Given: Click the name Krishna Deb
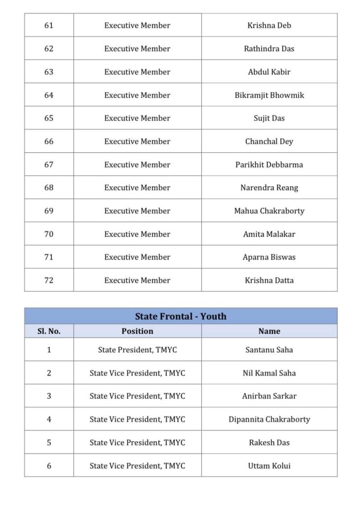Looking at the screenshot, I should (x=269, y=26).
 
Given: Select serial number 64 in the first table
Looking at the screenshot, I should (x=49, y=95).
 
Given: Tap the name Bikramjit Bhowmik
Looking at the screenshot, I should (x=269, y=95).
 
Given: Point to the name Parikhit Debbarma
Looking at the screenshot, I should (x=269, y=165).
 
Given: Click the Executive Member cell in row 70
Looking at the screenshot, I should (x=137, y=234).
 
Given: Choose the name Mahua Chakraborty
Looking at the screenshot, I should (x=269, y=211).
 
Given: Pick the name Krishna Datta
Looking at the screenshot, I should (x=269, y=280).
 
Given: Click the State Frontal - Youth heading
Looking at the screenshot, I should (x=181, y=316).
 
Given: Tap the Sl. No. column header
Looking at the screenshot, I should (x=49, y=331).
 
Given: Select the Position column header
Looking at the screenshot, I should (x=137, y=331).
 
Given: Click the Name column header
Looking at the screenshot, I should (x=269, y=331).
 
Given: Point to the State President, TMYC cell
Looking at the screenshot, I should (x=137, y=350).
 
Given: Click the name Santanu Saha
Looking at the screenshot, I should (x=269, y=350).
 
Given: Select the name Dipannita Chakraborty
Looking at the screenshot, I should (x=269, y=420).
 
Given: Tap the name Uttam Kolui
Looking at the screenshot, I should (x=269, y=465).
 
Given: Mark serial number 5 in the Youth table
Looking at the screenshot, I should (x=49, y=443).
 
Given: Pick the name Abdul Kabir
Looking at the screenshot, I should (x=269, y=72).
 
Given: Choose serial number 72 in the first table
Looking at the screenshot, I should (x=49, y=280).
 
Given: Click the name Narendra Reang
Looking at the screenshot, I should (x=269, y=188).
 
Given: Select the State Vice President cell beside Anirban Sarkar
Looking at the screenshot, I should (x=137, y=396).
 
